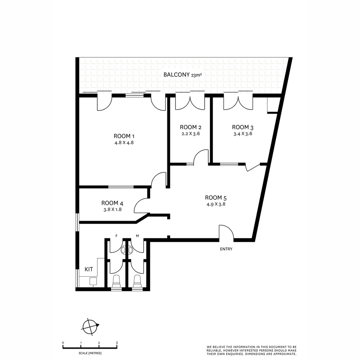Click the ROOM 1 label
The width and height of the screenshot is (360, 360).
tap(124, 136)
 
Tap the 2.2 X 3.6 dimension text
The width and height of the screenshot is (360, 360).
tap(190, 134)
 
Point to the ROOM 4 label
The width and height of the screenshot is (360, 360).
tap(110, 203)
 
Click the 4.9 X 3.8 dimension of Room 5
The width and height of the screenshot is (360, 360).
tap(216, 204)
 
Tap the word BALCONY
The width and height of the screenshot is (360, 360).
tap(176, 75)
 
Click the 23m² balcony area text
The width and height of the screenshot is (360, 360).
tap(197, 75)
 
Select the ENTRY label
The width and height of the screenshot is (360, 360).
tap(226, 249)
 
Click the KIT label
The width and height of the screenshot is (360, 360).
tap(89, 269)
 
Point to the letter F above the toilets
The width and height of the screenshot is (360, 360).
tap(116, 236)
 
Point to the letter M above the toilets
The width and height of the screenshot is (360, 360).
tap(137, 236)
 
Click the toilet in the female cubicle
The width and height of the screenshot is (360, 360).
tap(116, 282)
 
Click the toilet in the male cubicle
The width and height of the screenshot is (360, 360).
tap(137, 282)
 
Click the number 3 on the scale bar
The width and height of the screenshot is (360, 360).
tap(117, 343)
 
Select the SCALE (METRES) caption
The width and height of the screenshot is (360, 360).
tap(90, 353)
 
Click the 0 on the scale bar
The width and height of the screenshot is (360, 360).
tap(63, 343)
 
